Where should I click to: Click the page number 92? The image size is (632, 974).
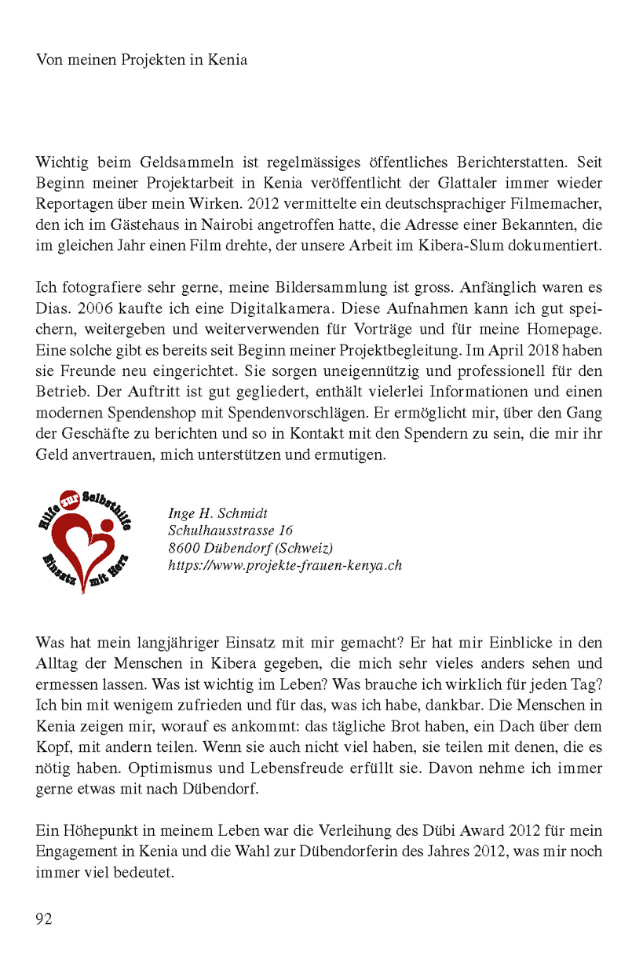tap(44, 918)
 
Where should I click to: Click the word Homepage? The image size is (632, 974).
tap(563, 326)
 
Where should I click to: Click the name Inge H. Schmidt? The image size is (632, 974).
tap(218, 513)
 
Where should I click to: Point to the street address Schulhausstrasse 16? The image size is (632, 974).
tap(231, 531)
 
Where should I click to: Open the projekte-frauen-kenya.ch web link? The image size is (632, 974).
tap(284, 565)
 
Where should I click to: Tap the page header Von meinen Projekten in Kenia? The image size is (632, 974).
tap(141, 60)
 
